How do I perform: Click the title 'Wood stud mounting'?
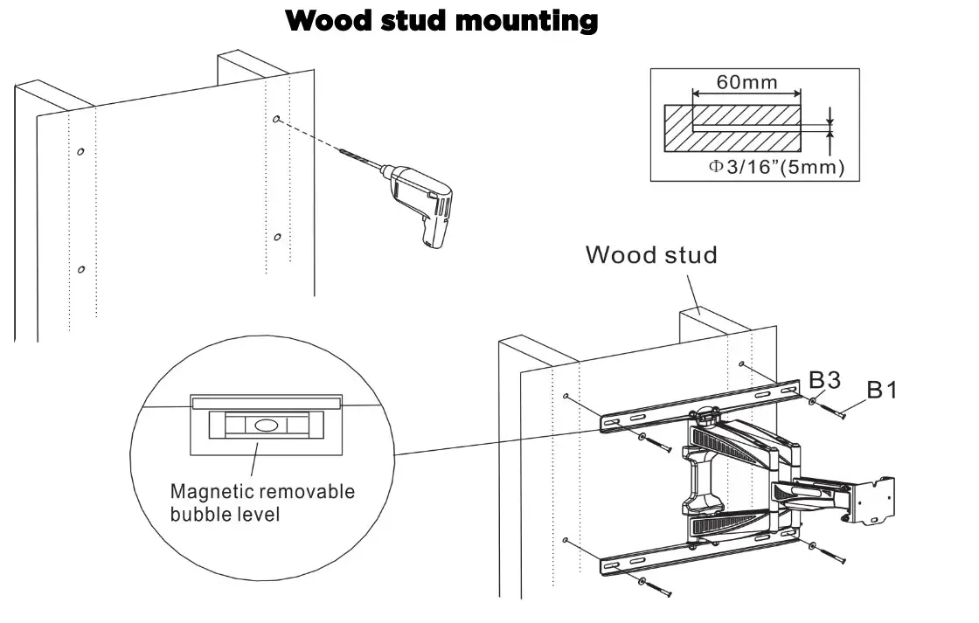(441, 20)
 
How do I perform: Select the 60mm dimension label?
(746, 82)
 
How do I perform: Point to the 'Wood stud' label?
(650, 255)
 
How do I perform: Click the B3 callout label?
(824, 380)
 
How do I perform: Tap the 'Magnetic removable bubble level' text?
(262, 502)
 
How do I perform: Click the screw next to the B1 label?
(836, 411)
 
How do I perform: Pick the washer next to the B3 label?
(813, 401)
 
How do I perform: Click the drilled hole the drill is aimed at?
(276, 119)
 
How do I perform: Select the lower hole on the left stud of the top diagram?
(80, 269)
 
